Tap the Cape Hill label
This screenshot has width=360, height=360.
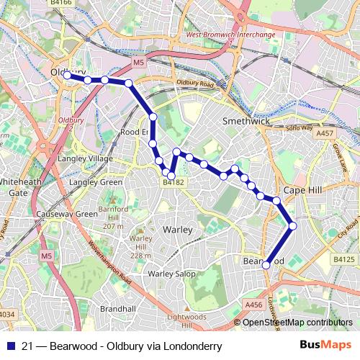pos(302,189)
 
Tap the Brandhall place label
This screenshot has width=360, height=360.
pos(119,307)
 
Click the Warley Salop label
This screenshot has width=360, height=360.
pos(171,274)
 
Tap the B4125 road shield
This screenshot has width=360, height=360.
pos(345,258)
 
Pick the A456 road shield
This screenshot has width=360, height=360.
pos(253,305)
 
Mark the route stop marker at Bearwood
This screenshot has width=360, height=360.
pos(266,265)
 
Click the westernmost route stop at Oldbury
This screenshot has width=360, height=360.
pos(67,75)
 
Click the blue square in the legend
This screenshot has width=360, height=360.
pos(11,346)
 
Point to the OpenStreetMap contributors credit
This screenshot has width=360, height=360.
pos(300,322)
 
